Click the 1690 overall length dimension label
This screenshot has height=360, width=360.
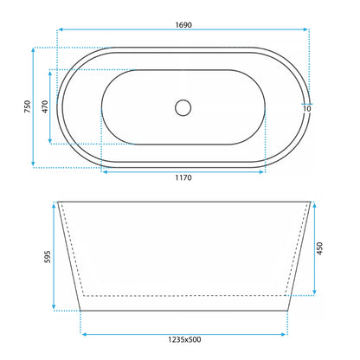(x=183, y=25)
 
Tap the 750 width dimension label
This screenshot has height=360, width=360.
(x=27, y=106)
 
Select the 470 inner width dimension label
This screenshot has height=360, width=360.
(x=45, y=106)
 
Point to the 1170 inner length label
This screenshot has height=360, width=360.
(x=183, y=177)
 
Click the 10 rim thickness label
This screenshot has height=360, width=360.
(x=307, y=109)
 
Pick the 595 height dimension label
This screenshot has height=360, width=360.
(x=48, y=257)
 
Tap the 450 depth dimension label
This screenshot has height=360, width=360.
(x=319, y=248)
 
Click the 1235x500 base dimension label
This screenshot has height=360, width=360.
(x=184, y=339)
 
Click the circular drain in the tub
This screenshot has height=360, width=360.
(x=183, y=108)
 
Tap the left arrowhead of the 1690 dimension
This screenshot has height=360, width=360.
(x=61, y=29)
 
